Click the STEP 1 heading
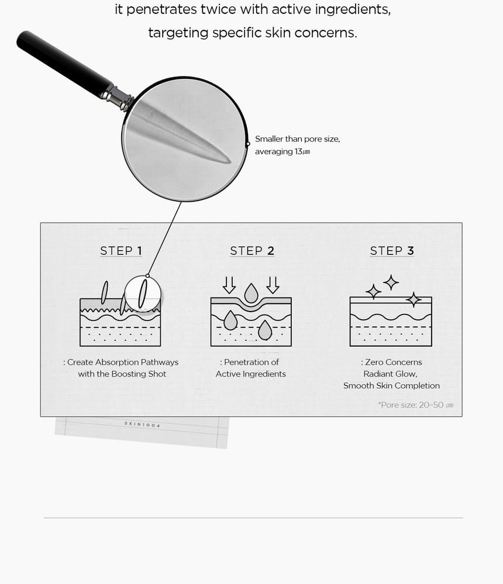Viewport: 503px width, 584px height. click(121, 251)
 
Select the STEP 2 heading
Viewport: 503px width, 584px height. click(252, 251)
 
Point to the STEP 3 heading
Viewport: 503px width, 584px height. click(392, 251)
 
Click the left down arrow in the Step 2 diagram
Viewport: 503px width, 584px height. click(229, 285)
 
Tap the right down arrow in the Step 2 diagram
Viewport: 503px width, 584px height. click(273, 285)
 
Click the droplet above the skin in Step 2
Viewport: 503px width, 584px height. click(251, 293)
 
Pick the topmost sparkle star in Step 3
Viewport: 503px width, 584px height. click(391, 282)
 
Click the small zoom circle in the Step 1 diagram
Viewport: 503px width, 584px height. click(143, 294)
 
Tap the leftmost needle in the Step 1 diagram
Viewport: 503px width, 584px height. click(105, 292)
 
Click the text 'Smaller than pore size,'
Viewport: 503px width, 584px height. click(297, 139)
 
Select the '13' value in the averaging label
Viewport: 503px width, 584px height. click(298, 151)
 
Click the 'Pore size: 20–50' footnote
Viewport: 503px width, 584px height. click(415, 405)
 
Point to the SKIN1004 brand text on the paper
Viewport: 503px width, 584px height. click(142, 424)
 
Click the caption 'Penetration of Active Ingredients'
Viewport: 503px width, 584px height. click(251, 368)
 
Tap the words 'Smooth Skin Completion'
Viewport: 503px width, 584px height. click(391, 385)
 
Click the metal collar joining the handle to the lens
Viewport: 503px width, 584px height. click(117, 97)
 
